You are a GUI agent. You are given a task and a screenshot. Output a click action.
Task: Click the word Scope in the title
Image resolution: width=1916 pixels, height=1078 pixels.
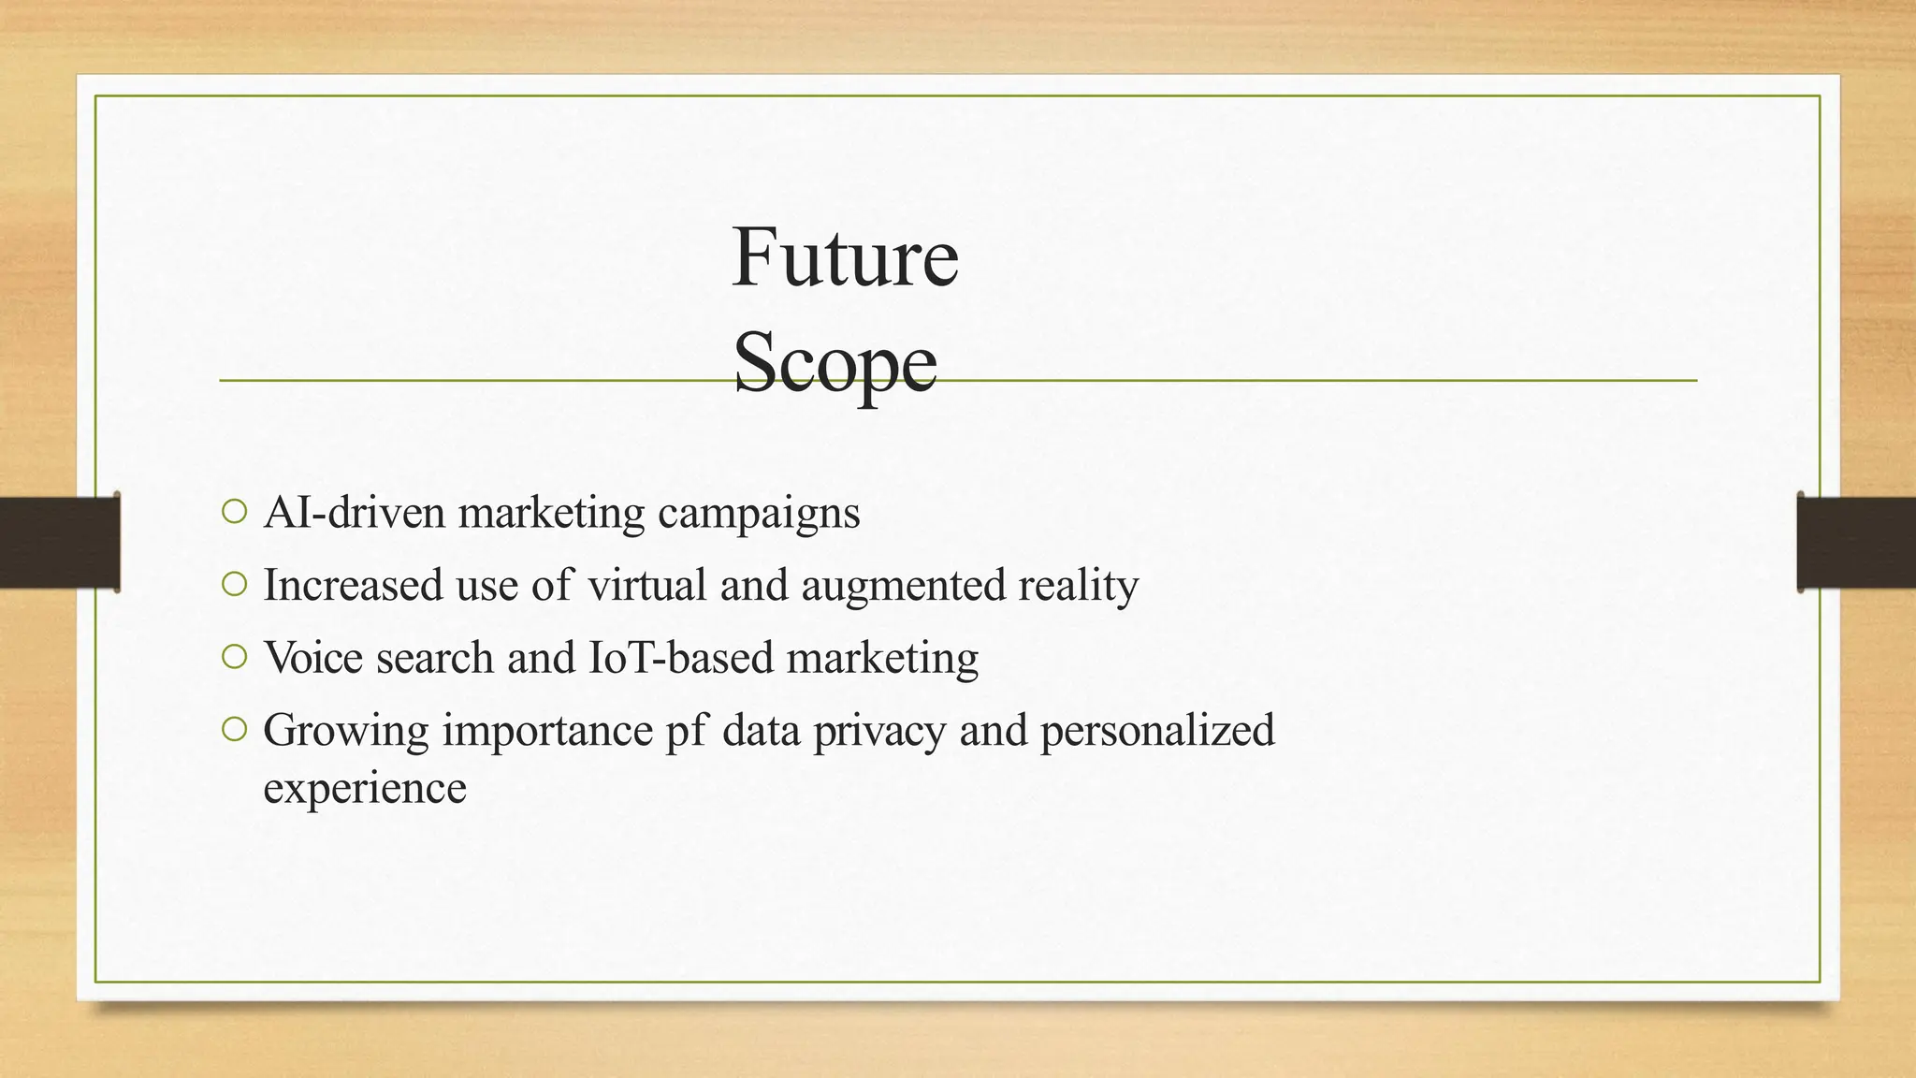point(835,363)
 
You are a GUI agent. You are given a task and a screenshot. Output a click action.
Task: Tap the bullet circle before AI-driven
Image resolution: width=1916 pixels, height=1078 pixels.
point(235,512)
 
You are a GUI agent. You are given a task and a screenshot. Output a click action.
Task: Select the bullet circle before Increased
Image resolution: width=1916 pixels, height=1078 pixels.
point(235,585)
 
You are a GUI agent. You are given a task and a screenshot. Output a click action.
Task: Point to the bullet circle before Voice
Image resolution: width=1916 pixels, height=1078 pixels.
point(235,658)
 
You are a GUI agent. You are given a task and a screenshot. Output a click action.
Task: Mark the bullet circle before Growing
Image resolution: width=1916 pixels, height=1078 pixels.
point(235,730)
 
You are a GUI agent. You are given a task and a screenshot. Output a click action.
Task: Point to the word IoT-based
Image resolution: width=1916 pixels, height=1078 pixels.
point(681,658)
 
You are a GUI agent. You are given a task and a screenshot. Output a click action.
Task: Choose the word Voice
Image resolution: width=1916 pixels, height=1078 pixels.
point(312,658)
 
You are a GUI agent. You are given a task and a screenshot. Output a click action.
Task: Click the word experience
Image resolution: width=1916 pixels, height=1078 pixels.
point(364,788)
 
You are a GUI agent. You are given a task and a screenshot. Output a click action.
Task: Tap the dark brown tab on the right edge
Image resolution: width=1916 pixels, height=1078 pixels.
point(1856,543)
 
